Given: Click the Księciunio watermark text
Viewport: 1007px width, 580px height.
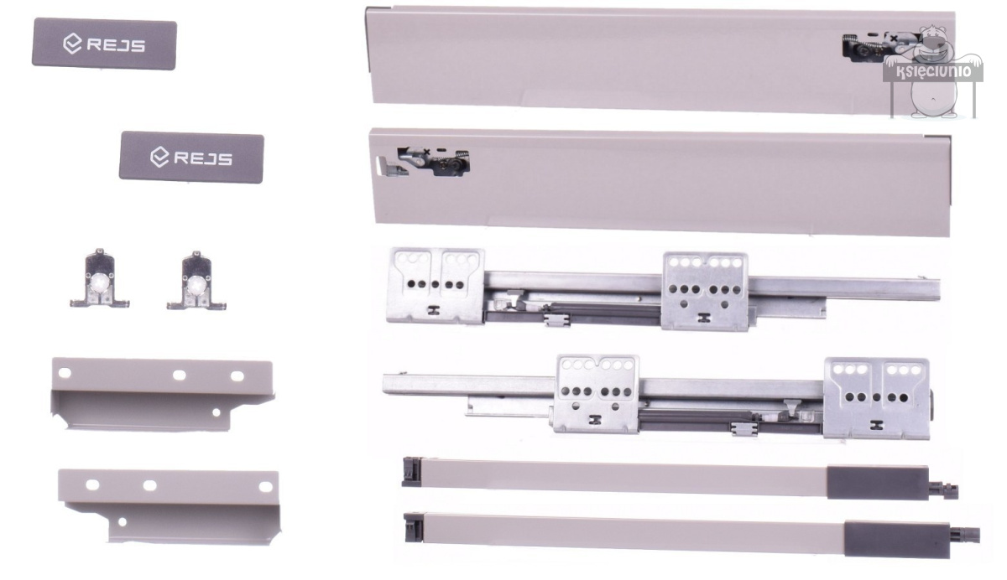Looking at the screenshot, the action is click(934, 71).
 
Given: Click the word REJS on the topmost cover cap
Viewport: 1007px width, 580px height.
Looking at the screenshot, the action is click(116, 45).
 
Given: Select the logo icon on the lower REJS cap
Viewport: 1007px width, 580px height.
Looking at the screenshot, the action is click(159, 157).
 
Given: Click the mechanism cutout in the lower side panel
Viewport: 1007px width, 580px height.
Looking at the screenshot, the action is click(433, 161).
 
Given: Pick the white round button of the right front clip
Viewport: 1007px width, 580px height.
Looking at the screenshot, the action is click(196, 284).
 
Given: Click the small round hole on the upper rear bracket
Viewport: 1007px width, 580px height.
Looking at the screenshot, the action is click(217, 412).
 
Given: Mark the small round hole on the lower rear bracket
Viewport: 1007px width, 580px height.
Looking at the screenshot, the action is click(122, 522).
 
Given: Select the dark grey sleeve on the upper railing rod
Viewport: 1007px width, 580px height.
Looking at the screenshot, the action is click(878, 482).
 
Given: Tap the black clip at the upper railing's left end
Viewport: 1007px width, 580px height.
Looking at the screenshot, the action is click(411, 472).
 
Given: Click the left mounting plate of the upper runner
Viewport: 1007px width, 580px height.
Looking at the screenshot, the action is click(436, 286).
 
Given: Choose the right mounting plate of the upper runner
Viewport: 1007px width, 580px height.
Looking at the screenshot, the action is click(706, 292).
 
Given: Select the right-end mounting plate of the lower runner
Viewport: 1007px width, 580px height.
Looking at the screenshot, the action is click(877, 398).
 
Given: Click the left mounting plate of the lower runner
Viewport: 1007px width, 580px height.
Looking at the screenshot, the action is click(597, 395).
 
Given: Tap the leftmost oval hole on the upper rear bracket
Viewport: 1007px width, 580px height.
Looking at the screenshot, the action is click(65, 373).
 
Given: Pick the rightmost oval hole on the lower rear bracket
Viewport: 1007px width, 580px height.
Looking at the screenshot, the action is click(266, 487).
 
